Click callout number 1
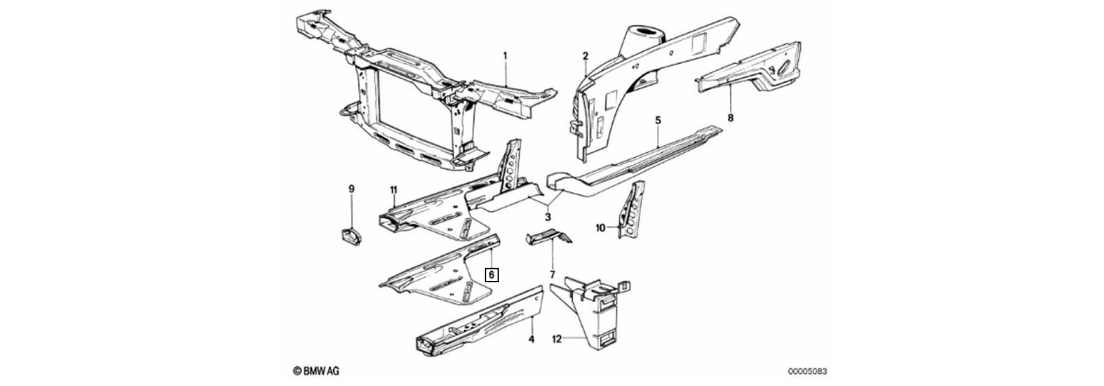(x=505, y=56)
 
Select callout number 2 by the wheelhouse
(x=585, y=56)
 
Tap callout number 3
(x=548, y=217)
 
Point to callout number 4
(x=531, y=339)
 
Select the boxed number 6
(x=492, y=275)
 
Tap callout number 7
(x=553, y=274)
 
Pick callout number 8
(x=731, y=118)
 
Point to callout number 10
(x=600, y=228)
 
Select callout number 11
(x=393, y=190)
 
